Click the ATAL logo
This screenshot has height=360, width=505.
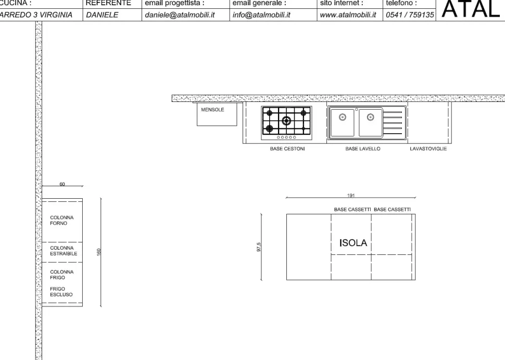(470, 9)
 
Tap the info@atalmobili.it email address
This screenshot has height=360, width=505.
(261, 15)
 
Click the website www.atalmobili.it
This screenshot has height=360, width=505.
(348, 15)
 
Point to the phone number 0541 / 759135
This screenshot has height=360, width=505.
(410, 15)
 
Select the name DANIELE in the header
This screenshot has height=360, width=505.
(103, 15)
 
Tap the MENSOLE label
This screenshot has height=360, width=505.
(212, 110)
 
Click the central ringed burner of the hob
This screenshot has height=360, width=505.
(286, 121)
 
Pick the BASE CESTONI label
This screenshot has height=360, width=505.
(287, 149)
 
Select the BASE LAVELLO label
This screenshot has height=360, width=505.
(363, 149)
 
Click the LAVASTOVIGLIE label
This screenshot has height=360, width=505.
(428, 149)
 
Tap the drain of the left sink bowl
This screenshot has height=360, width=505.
(343, 117)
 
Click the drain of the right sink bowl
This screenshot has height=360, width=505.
(371, 117)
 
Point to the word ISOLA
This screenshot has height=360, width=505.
(353, 243)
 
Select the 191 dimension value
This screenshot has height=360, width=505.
(350, 195)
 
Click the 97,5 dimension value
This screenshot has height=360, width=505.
(259, 247)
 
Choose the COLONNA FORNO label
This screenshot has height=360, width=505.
(62, 220)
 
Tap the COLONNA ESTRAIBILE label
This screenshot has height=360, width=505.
(64, 251)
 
